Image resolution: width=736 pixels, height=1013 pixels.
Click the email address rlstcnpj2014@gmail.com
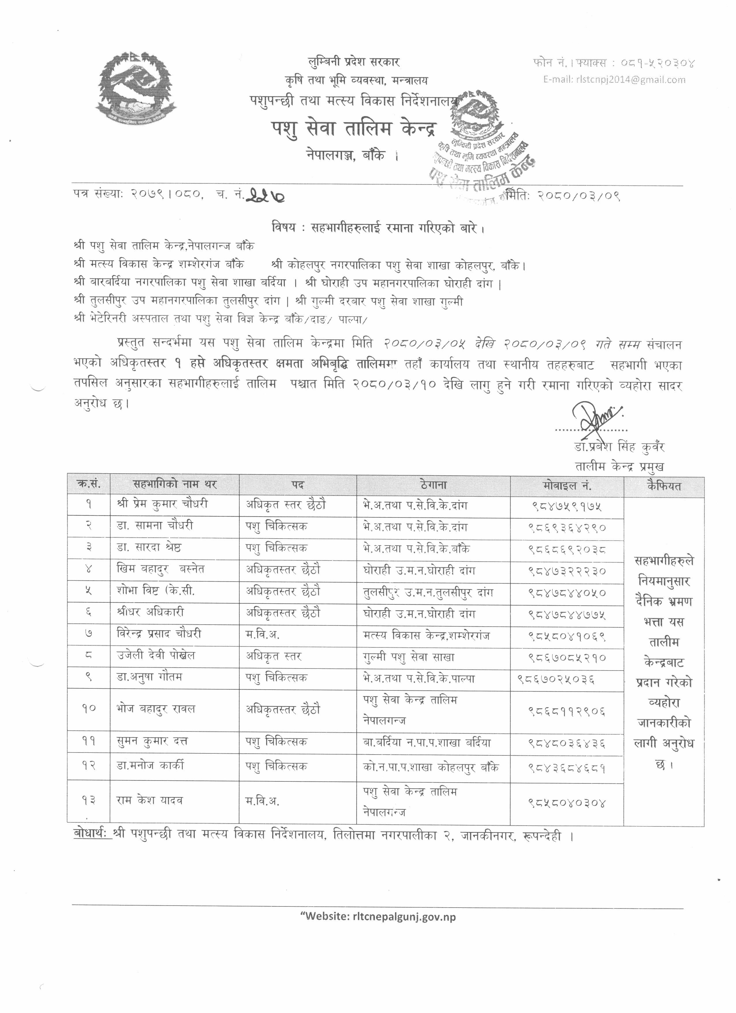[x=614, y=80]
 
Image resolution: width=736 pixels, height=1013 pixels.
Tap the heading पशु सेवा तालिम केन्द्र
[x=354, y=130]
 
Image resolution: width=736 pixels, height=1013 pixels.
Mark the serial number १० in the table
[x=88, y=708]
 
